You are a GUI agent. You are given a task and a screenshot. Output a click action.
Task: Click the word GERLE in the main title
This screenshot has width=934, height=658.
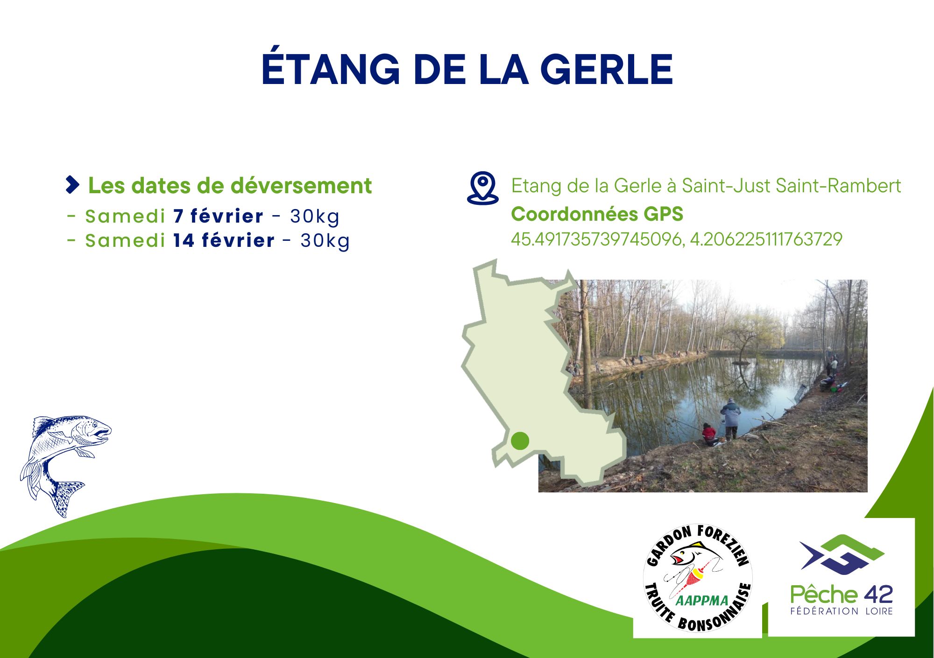pyautogui.click(x=607, y=69)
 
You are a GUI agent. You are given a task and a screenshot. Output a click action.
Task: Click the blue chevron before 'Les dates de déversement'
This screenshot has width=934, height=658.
pyautogui.click(x=72, y=185)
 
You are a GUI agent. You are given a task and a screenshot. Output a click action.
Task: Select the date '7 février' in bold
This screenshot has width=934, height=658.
pyautogui.click(x=219, y=216)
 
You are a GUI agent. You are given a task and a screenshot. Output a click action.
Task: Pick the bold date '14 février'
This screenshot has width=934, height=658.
pyautogui.click(x=224, y=240)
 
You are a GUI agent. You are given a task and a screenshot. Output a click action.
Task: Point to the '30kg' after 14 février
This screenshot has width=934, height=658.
pyautogui.click(x=325, y=241)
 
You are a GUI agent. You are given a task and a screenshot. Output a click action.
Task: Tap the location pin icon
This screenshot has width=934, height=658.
pyautogui.click(x=483, y=188)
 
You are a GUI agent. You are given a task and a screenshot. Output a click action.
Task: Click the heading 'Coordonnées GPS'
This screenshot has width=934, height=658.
pyautogui.click(x=597, y=214)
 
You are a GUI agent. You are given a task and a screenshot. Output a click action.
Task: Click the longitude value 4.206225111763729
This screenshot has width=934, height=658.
pyautogui.click(x=766, y=239)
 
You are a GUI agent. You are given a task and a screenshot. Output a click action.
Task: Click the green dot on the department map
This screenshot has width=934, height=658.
pyautogui.click(x=520, y=441)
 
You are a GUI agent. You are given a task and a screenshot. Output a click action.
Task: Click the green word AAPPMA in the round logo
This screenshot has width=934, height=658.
pyautogui.click(x=702, y=601)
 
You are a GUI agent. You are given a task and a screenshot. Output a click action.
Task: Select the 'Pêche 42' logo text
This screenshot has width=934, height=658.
pyautogui.click(x=842, y=595)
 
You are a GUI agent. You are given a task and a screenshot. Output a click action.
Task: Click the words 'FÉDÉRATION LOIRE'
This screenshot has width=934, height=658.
pyautogui.click(x=842, y=611)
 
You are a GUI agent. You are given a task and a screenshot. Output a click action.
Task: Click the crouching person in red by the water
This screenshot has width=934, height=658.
pyautogui.click(x=709, y=434)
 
